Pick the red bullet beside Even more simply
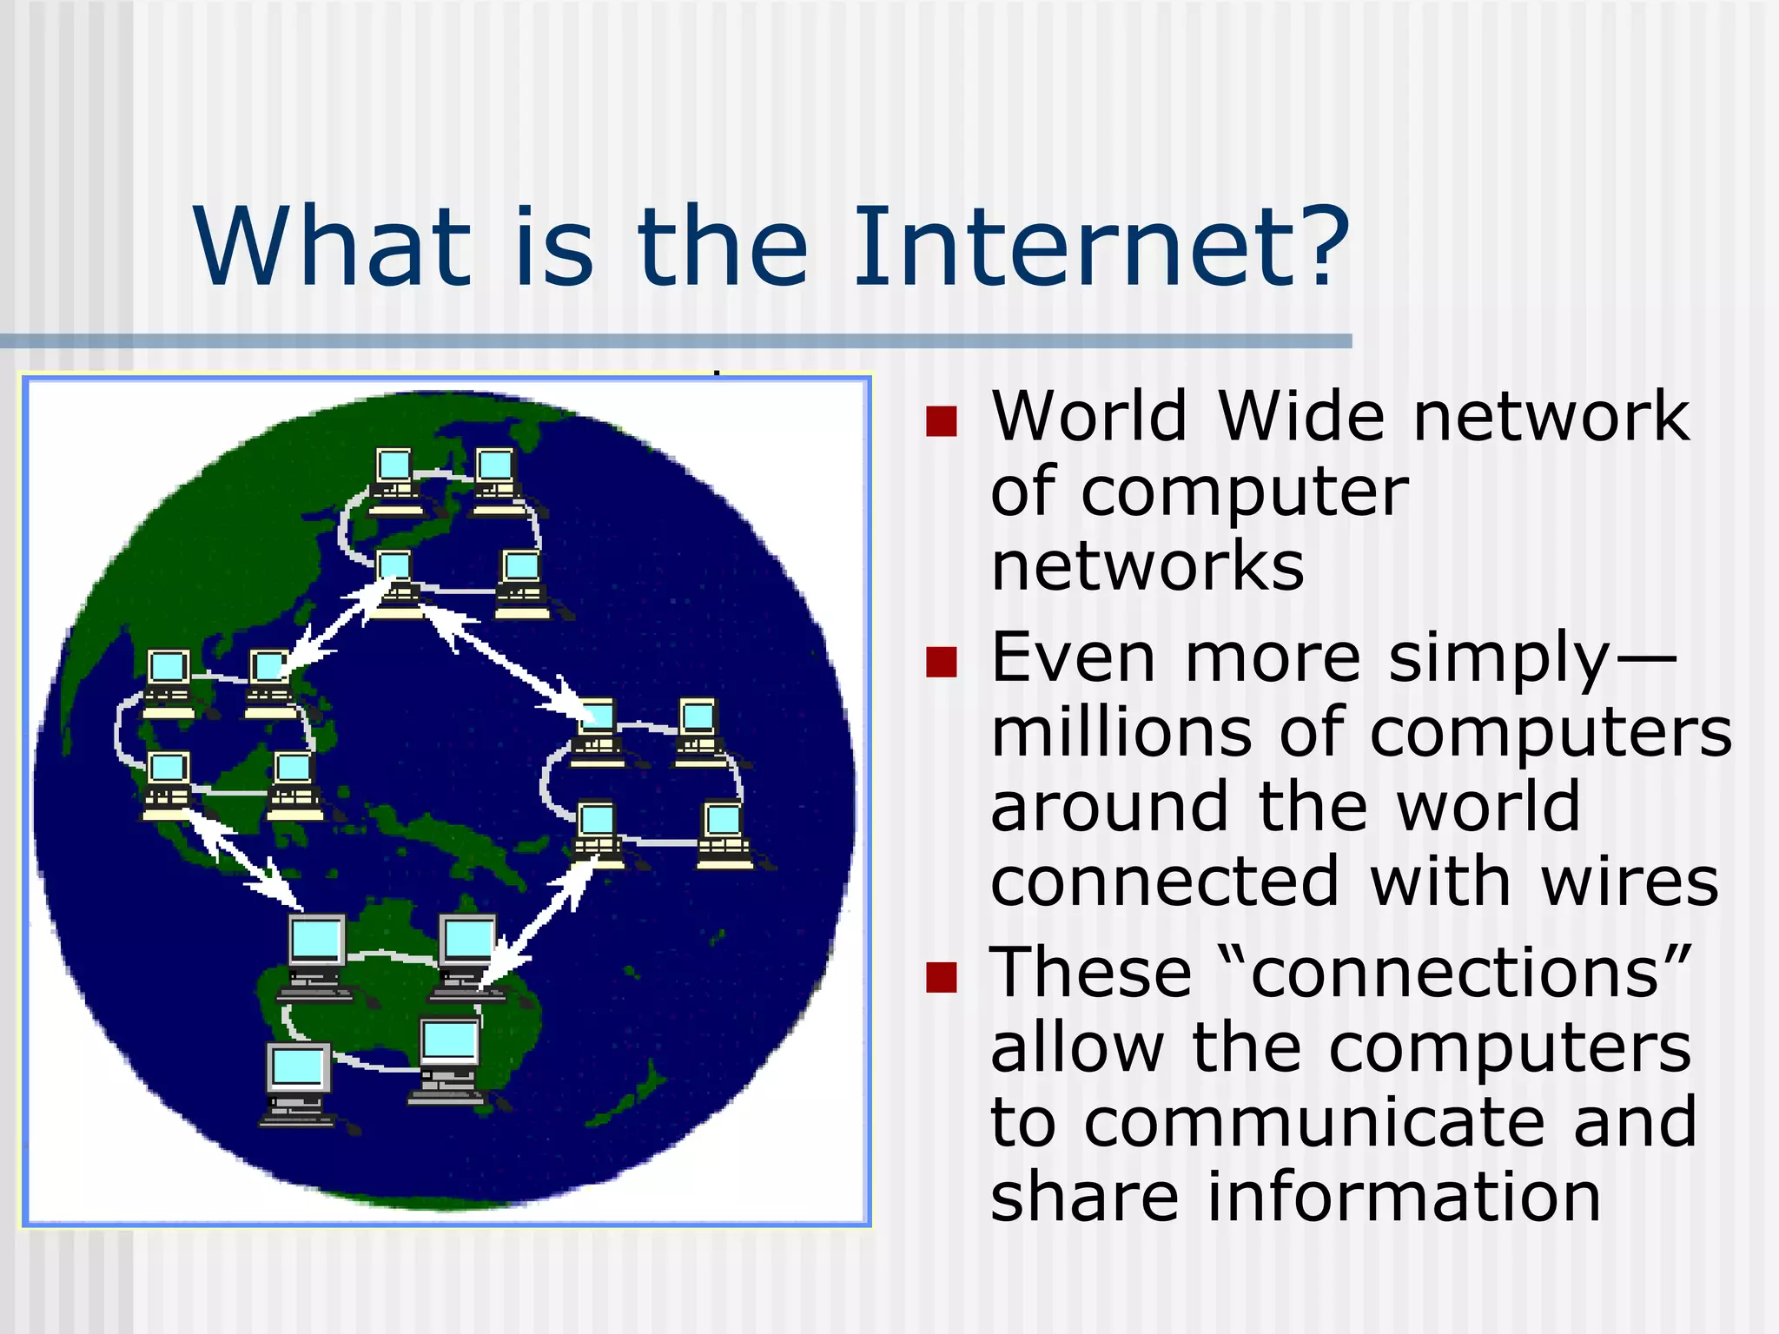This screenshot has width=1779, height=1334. point(941,662)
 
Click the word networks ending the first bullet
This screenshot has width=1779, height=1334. point(1147,566)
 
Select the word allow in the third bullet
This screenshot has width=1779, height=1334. point(1077,1047)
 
